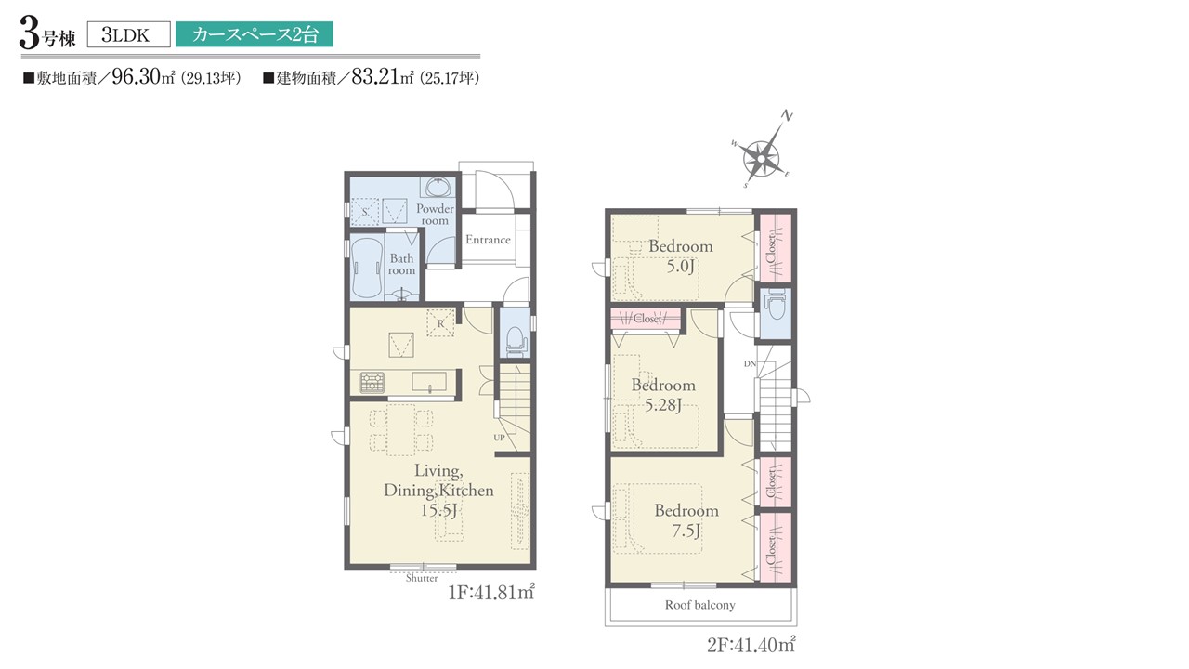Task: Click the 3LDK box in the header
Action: click(x=128, y=34)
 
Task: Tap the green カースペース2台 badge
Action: click(x=255, y=34)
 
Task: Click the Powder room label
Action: click(x=435, y=215)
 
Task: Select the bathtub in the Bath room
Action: click(x=367, y=269)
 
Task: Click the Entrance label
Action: click(x=488, y=240)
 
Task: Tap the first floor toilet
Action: click(x=516, y=341)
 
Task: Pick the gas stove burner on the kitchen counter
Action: click(x=372, y=382)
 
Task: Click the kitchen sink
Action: click(x=429, y=382)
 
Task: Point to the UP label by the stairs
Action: click(x=499, y=438)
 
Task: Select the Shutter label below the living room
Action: click(x=422, y=578)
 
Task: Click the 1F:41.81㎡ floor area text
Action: click(x=491, y=592)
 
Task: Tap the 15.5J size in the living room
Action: click(x=439, y=510)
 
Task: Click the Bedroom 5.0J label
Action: click(x=681, y=256)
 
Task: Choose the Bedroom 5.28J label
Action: click(x=663, y=395)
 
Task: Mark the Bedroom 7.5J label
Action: click(x=686, y=520)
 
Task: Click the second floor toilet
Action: click(x=776, y=306)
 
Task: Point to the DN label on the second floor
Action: click(x=750, y=363)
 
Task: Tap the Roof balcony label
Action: click(x=700, y=605)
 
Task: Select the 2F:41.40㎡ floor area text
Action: click(x=751, y=645)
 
